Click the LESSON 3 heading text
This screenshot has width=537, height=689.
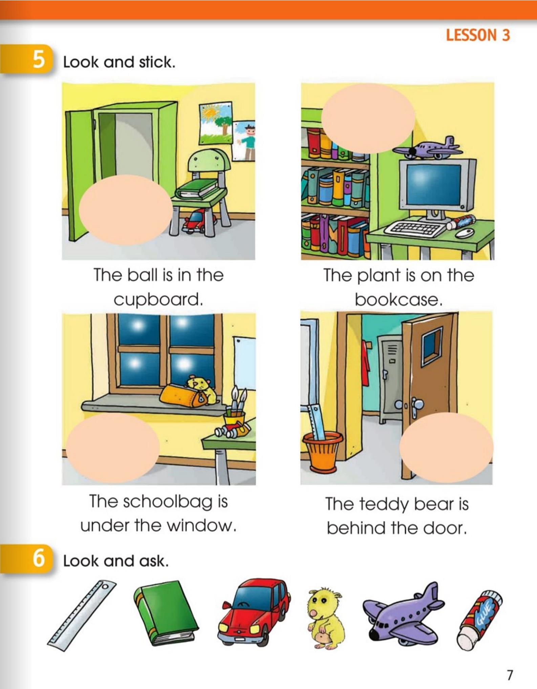tap(477, 35)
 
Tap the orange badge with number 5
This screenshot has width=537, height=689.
tap(27, 60)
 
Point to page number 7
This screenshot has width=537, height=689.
tap(509, 675)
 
